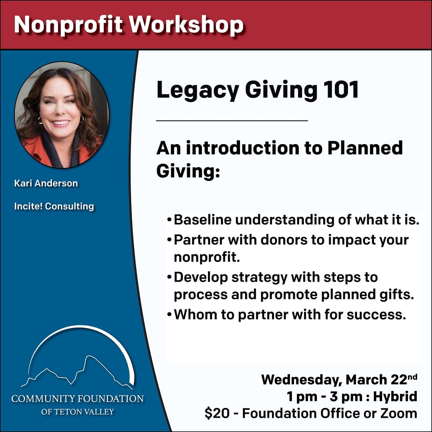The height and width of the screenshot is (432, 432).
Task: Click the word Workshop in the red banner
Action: (x=186, y=25)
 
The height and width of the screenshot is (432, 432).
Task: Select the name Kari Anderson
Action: (x=46, y=183)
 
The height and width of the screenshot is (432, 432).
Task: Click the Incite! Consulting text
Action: (x=54, y=206)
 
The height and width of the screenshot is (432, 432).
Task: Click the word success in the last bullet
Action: (x=376, y=315)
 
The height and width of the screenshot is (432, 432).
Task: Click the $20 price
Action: (x=217, y=414)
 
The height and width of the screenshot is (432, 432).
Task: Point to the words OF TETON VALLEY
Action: (x=78, y=412)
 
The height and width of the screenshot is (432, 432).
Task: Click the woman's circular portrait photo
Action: (x=62, y=115)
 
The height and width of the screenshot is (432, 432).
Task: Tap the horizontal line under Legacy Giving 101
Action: (x=232, y=121)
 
